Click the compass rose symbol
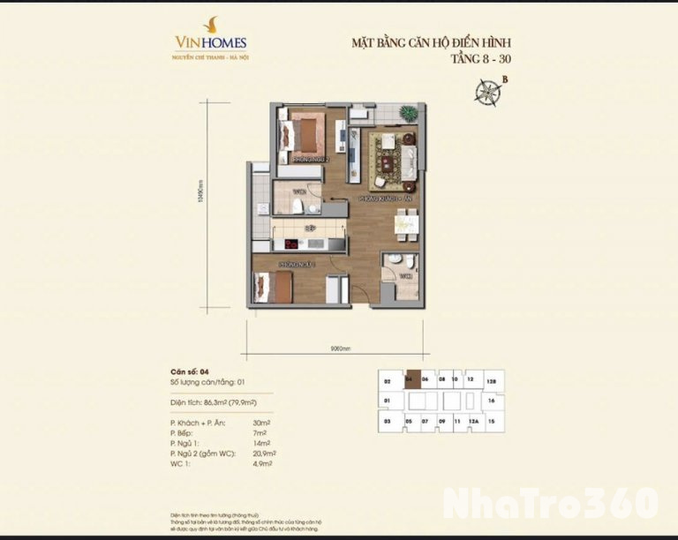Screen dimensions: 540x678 pos(486,92)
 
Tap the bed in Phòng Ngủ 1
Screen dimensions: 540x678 pos(275,288)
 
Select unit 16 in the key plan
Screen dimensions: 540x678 pos(491,400)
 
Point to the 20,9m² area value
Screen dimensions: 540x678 pos(263,453)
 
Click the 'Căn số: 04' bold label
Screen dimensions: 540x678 pos(189,371)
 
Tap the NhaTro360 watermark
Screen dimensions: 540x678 pos(551,502)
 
